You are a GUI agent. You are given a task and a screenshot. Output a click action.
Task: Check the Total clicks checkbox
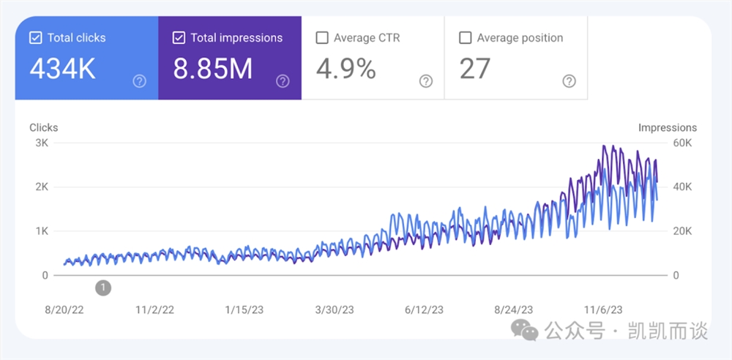[x=36, y=38]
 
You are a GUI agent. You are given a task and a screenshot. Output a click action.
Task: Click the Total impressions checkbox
[x=179, y=38]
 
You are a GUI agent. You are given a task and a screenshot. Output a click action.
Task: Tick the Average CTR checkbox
[x=322, y=38]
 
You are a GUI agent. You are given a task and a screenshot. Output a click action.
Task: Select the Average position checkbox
[x=465, y=38]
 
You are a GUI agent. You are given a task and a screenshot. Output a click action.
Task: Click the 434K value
[x=62, y=69]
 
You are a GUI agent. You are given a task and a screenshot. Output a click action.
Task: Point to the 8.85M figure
[x=213, y=69]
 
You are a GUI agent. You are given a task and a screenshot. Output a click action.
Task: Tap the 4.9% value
[x=346, y=69]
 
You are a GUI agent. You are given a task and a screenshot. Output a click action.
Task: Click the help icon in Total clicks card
[x=140, y=81]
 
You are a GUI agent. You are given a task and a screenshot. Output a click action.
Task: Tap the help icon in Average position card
[x=569, y=81]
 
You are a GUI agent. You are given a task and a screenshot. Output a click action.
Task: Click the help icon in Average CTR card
[x=426, y=81]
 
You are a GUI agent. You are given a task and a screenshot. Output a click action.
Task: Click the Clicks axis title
[x=43, y=127]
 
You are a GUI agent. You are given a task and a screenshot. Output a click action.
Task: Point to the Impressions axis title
[x=668, y=127]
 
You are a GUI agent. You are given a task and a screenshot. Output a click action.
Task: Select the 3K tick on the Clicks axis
[x=42, y=143]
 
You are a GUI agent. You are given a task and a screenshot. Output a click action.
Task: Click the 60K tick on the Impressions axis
[x=682, y=143]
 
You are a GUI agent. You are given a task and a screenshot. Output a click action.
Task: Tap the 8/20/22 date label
[x=64, y=310]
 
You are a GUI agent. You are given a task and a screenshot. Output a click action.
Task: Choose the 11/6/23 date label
[x=602, y=310]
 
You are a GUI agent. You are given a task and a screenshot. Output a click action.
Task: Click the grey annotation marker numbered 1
[x=104, y=288]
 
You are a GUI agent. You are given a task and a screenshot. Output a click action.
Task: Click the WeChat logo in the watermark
[x=525, y=331]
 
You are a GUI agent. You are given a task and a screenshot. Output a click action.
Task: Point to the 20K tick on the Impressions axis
[x=682, y=231]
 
